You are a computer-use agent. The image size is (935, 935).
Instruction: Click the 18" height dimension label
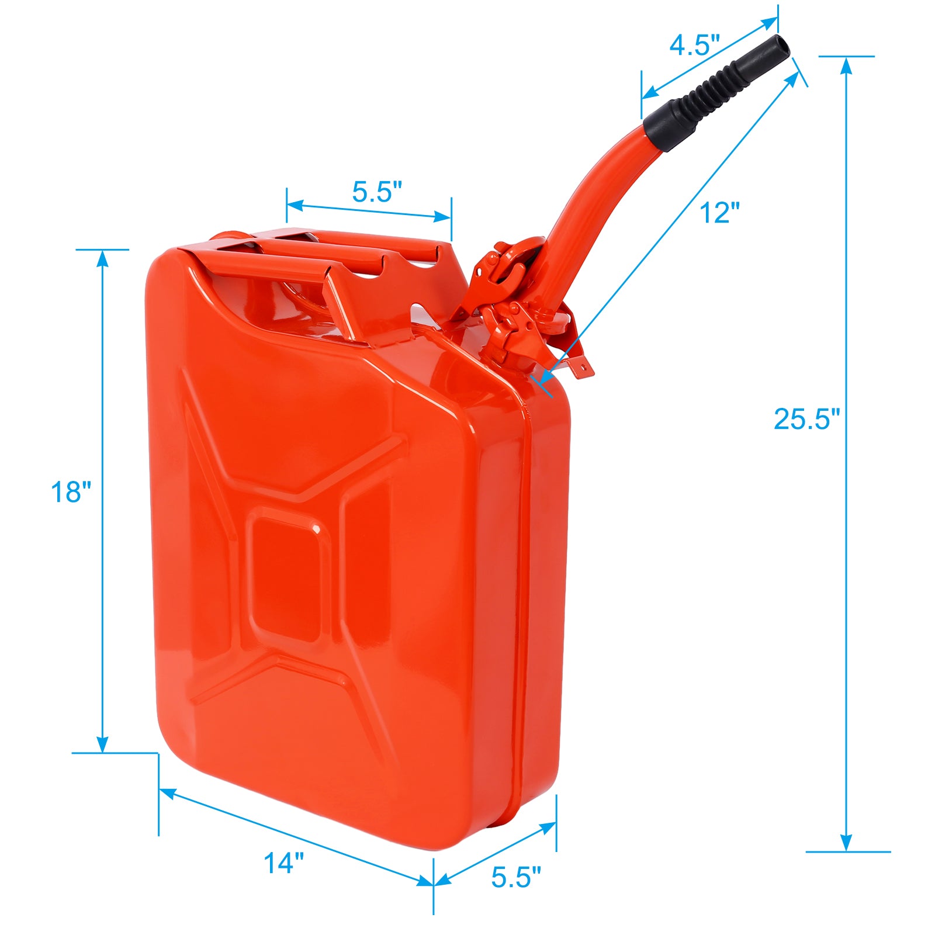71,492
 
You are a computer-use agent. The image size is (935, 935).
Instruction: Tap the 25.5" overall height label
806,418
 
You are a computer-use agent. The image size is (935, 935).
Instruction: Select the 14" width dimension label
284,863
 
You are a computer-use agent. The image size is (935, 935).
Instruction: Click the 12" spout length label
719,213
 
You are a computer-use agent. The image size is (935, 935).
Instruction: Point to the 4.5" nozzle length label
694,45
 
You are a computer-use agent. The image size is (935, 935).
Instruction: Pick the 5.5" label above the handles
377,192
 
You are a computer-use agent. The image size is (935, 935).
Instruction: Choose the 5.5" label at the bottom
516,877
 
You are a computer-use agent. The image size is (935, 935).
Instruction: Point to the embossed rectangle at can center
286,579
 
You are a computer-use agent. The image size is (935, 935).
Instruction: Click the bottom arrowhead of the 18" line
102,744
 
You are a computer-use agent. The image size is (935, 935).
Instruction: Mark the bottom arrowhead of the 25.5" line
846,843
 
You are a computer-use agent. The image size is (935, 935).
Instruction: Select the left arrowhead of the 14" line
167,792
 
